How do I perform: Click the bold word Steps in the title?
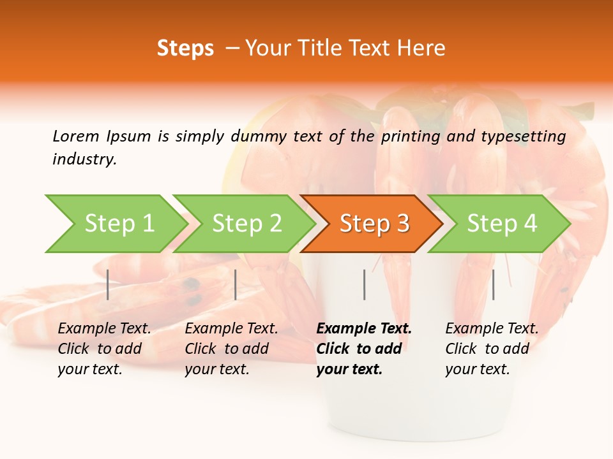coord(185,48)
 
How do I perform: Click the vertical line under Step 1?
coord(108,284)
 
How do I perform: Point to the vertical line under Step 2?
coord(236,284)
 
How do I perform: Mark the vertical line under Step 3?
coord(364,284)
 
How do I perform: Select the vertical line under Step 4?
coord(493,284)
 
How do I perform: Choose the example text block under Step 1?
coord(104,348)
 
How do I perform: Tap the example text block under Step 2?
coord(231,348)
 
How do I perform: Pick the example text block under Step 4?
coord(492,348)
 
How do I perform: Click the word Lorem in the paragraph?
coord(75,136)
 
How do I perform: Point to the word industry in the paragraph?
coord(84,159)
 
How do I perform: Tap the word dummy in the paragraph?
coord(259,136)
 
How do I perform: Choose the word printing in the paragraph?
coord(410,136)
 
